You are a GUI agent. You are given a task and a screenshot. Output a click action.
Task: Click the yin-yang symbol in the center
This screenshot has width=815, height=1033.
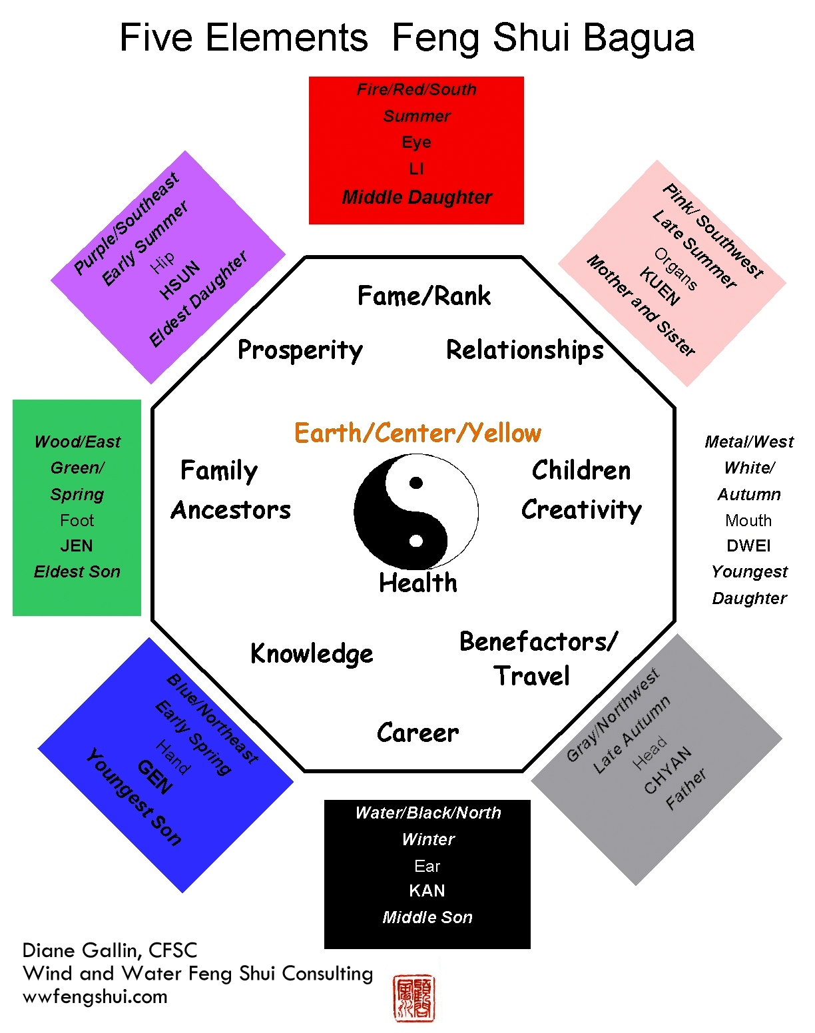click(416, 512)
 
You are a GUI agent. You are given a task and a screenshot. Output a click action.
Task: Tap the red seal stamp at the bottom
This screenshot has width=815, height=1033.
click(414, 998)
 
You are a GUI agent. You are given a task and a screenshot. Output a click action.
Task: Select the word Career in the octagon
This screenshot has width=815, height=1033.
click(417, 733)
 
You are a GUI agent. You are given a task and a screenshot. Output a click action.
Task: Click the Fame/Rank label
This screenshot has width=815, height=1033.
click(424, 296)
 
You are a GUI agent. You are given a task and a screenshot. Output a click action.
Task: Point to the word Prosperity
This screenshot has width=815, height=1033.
click(300, 350)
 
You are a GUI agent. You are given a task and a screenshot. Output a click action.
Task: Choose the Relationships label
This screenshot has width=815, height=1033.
click(525, 350)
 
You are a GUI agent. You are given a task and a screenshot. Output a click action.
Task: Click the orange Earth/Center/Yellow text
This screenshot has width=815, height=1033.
click(417, 433)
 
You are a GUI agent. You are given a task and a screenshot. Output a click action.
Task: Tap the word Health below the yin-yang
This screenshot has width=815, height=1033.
click(418, 583)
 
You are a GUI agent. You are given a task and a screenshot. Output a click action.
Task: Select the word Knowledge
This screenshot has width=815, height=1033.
click(312, 654)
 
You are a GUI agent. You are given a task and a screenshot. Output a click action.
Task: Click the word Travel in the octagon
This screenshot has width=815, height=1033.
click(531, 676)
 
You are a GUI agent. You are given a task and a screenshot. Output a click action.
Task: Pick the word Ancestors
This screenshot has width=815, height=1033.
click(231, 510)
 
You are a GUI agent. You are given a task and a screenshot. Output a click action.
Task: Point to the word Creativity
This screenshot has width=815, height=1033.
click(581, 510)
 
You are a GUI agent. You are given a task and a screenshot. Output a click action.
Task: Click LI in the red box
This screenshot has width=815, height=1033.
click(416, 169)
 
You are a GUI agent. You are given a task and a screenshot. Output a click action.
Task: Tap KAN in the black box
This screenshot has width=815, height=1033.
click(427, 890)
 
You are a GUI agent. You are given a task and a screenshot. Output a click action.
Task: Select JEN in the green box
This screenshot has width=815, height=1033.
click(77, 546)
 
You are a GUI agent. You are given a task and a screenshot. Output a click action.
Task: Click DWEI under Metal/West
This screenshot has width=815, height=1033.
click(748, 546)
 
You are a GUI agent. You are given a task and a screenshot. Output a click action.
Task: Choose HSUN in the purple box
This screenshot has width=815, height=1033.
click(180, 280)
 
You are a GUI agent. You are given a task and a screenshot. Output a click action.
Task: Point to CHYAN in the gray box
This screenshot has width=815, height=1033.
click(668, 771)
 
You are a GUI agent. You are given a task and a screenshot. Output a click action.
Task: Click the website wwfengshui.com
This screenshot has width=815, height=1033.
click(95, 997)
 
